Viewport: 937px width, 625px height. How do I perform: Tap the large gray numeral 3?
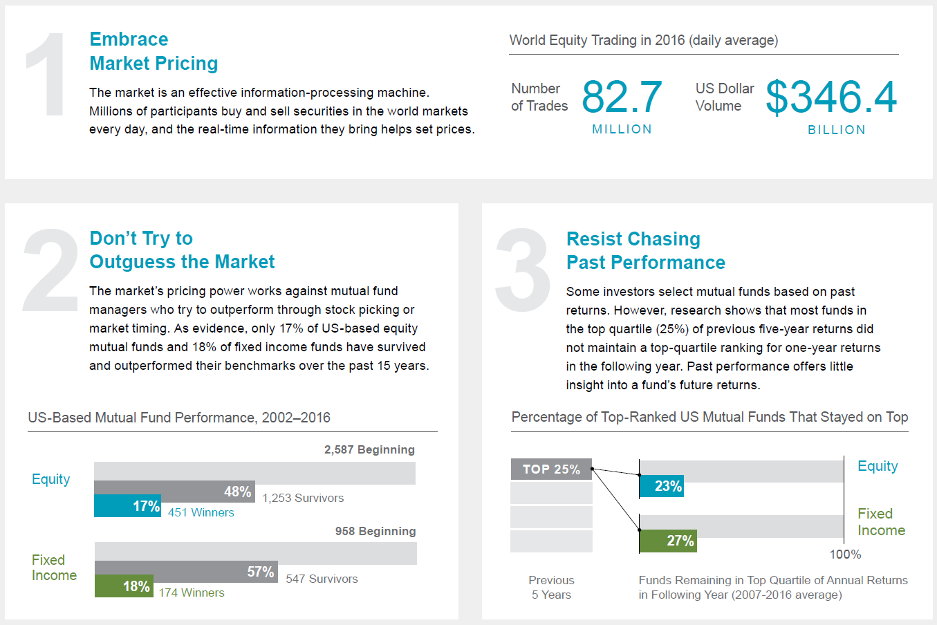[523, 270]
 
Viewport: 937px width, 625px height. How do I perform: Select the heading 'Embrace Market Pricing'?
[154, 51]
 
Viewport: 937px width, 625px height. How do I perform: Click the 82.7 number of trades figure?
[622, 97]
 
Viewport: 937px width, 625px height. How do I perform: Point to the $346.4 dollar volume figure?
[831, 97]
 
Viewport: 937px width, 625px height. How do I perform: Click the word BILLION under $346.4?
[836, 130]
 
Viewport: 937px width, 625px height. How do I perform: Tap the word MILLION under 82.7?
[622, 129]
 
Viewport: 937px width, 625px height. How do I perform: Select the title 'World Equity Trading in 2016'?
[643, 40]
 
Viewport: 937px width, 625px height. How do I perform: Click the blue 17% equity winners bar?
[127, 506]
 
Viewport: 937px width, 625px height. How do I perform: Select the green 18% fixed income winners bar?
[124, 586]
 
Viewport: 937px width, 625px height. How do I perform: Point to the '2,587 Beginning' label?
[369, 449]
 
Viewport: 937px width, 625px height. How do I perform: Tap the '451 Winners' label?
[201, 512]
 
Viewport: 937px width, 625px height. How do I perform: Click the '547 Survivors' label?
[322, 579]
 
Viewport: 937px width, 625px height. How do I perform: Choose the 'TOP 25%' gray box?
[551, 469]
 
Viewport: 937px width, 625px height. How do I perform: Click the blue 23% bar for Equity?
[662, 486]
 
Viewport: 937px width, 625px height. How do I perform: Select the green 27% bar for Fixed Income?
[668, 541]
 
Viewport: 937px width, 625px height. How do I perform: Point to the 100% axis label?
[845, 554]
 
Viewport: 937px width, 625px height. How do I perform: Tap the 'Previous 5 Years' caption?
[551, 587]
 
